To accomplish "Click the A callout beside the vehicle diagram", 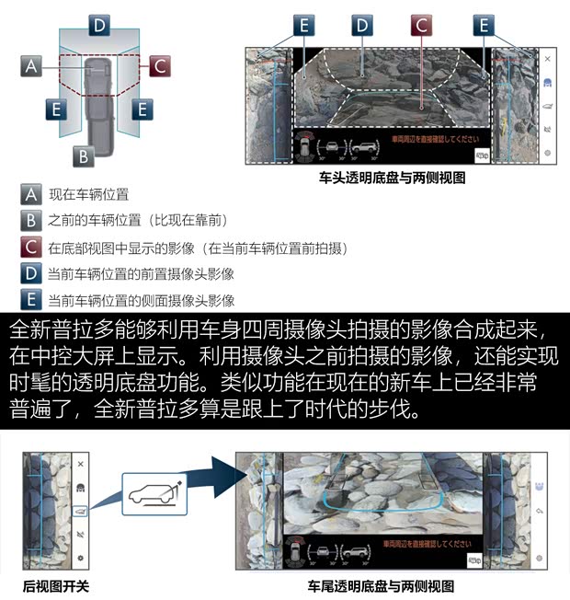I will click(x=31, y=66).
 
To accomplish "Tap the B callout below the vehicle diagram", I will click(x=83, y=156).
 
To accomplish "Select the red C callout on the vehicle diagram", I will click(x=159, y=66).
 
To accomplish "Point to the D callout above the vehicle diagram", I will click(x=99, y=25).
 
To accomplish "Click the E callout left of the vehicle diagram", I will click(x=57, y=110).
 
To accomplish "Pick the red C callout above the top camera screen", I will click(x=421, y=25).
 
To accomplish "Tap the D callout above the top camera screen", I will click(x=362, y=25).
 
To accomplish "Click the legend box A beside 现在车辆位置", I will click(x=31, y=194).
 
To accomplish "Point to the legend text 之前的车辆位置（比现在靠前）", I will click(x=137, y=221).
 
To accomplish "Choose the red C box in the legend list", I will click(x=31, y=248).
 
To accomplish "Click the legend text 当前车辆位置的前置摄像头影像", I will click(x=141, y=274).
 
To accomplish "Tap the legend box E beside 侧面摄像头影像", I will click(x=31, y=300).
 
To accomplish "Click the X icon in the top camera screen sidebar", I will click(x=547, y=59).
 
